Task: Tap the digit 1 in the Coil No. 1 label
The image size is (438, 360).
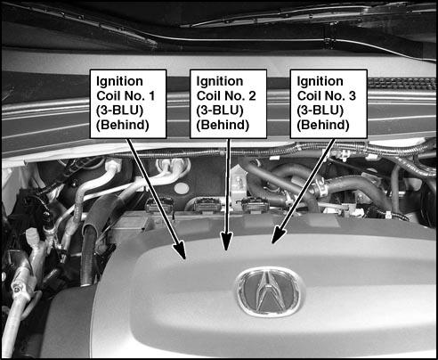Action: [x=151, y=96]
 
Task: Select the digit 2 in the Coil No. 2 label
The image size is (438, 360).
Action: [x=252, y=96]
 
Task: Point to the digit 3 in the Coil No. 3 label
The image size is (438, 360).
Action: [x=353, y=96]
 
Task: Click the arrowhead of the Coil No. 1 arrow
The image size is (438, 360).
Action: [x=181, y=250]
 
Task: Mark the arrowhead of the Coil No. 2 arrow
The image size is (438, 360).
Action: [x=226, y=241]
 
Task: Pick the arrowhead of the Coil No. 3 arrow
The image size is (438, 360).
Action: [x=278, y=234]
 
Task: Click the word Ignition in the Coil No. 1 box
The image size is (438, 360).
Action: [x=119, y=82]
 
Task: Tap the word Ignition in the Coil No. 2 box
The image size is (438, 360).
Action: [x=220, y=82]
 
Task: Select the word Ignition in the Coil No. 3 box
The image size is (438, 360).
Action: [x=320, y=82]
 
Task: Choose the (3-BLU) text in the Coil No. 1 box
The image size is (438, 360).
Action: [x=120, y=110]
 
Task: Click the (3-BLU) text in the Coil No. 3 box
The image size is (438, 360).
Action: [x=320, y=110]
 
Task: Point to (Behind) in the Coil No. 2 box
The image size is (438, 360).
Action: [x=223, y=125]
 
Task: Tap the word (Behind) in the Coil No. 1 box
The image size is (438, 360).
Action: [x=123, y=125]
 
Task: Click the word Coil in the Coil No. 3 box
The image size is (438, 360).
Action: [x=309, y=96]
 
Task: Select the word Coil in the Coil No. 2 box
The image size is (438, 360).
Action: [x=208, y=96]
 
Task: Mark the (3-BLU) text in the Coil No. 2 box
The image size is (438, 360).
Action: [x=220, y=110]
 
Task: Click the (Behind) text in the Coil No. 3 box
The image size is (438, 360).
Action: [x=323, y=125]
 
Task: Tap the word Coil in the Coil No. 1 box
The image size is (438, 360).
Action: [x=109, y=96]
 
